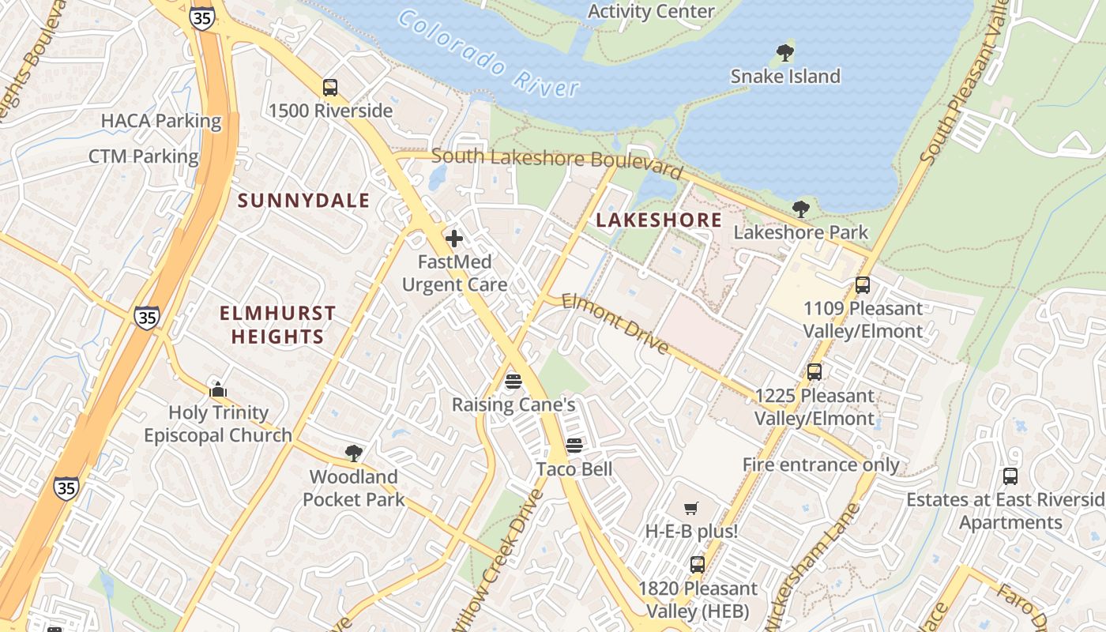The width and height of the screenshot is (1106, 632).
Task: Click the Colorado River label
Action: point(489,54)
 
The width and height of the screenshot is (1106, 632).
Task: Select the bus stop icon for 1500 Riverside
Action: point(330,88)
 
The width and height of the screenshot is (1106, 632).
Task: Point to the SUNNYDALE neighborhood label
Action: point(304,201)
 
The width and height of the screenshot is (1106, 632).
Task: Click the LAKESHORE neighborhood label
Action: point(659,220)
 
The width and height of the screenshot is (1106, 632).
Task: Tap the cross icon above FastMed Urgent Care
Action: point(454,239)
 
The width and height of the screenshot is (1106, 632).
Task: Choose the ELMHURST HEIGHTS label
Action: point(277,325)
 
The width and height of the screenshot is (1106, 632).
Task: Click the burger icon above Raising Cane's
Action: point(513,382)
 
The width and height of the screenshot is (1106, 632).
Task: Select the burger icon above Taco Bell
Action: point(574,446)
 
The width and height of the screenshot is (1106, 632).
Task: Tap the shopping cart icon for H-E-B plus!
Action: point(691,508)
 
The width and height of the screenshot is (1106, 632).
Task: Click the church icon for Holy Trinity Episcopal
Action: point(218,389)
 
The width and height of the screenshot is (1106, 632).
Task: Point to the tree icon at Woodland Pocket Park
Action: point(354,453)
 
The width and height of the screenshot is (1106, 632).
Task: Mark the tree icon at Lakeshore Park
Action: point(800,209)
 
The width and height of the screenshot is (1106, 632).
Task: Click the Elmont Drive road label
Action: point(615,324)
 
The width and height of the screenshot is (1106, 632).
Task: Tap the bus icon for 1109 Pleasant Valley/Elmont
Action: point(863,285)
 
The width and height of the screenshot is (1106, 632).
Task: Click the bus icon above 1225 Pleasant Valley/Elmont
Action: point(814,372)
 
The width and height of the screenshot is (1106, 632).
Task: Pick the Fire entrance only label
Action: point(821,465)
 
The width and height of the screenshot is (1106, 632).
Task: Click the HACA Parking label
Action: point(161,121)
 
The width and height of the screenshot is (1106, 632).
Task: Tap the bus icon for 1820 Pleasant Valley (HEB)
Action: point(697,565)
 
